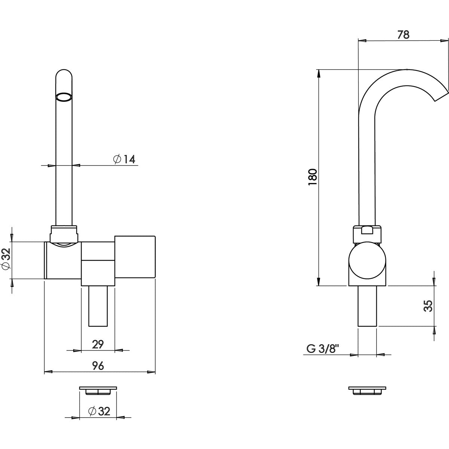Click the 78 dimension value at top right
403,35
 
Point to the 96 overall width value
98,366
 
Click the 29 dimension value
98,344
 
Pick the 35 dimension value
428,306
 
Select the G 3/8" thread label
323,349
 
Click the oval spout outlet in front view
64,97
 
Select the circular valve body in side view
367,261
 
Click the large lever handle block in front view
135,257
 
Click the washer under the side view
367,390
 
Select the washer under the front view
98,390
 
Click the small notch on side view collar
367,230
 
